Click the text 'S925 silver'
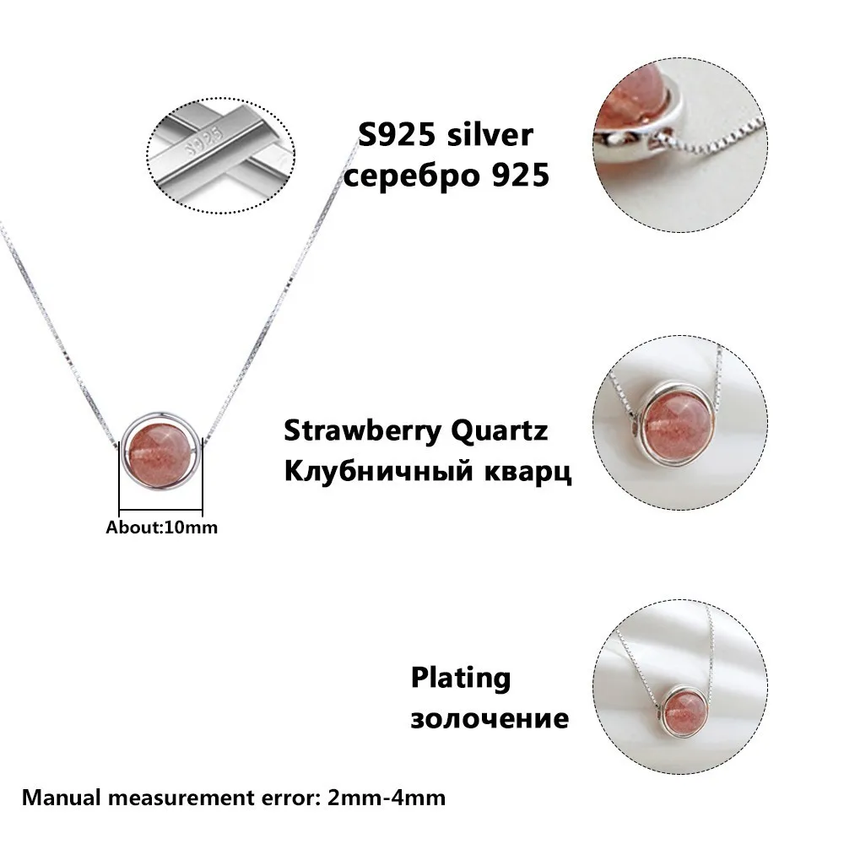446,135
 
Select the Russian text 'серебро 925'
446,175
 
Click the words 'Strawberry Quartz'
416,430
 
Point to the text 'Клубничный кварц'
428,472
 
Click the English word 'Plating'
461,679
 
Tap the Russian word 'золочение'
490,718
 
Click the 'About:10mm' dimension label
162,527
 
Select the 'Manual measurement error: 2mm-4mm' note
234,798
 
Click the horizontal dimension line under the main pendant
160,509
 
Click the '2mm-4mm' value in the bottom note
387,798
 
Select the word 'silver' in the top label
490,135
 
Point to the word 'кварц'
528,473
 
